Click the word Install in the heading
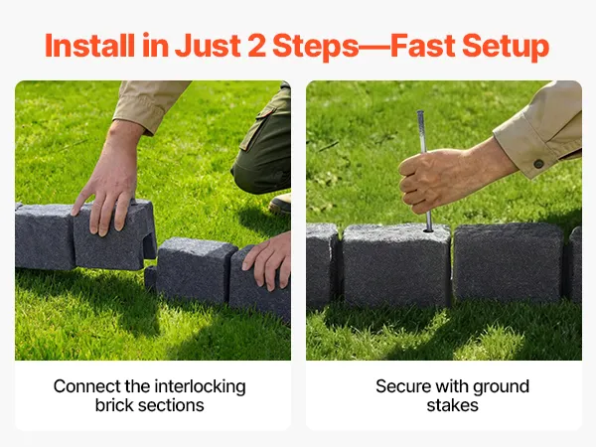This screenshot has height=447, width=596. click(89, 46)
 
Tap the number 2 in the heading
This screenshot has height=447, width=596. click(257, 46)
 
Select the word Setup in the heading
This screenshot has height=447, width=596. click(506, 47)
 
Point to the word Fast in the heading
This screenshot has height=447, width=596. click(423, 46)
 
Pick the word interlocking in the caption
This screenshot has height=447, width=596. click(200, 387)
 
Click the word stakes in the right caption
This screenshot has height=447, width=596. click(452, 405)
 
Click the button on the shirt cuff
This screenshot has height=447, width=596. click(538, 164)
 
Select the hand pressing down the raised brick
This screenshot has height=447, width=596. click(108, 190)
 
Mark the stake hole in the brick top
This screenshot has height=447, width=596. click(428, 230)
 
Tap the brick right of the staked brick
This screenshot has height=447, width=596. click(509, 262)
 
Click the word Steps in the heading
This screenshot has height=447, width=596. click(316, 47)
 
